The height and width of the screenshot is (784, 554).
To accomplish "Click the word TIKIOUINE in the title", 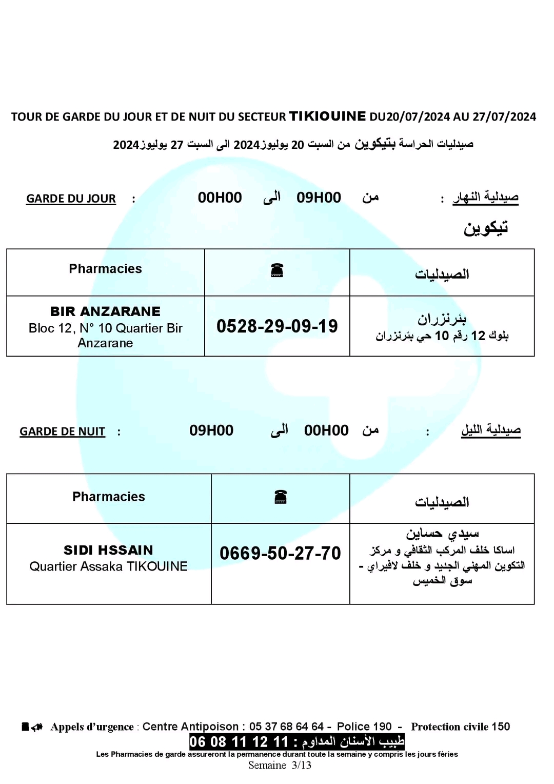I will click(x=328, y=116).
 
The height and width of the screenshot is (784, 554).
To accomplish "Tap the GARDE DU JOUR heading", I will click(x=71, y=199).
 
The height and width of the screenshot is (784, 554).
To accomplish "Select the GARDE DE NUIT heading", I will click(x=62, y=432).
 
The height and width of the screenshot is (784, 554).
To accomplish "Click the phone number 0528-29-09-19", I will click(x=277, y=326).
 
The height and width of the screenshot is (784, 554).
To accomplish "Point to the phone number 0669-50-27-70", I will click(x=280, y=553).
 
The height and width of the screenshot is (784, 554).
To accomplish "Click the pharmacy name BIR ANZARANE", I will click(x=105, y=311).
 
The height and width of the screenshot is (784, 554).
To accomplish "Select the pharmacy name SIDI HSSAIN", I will click(x=108, y=550).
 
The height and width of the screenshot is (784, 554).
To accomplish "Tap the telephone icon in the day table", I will click(x=277, y=270).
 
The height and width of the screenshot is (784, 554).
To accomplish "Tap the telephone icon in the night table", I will click(x=280, y=497).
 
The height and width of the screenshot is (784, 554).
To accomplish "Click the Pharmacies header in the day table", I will click(x=105, y=269).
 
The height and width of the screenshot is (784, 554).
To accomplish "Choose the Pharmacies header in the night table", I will click(x=108, y=497).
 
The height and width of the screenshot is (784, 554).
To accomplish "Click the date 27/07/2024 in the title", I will click(x=504, y=117).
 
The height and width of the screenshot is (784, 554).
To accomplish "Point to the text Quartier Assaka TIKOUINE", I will click(x=108, y=566).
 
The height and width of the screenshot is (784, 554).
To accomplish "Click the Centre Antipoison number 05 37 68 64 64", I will click(x=286, y=727).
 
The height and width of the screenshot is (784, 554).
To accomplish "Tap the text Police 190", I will click(x=364, y=727).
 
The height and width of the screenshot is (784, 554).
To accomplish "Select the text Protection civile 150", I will click(x=460, y=727).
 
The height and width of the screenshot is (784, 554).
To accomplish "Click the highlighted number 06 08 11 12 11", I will click(x=239, y=741).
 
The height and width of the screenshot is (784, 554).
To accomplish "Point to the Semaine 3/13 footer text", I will click(x=280, y=766).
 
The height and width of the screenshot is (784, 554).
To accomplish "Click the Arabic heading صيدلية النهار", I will click(x=485, y=197).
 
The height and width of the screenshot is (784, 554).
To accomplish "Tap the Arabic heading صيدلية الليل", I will click(x=490, y=430).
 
